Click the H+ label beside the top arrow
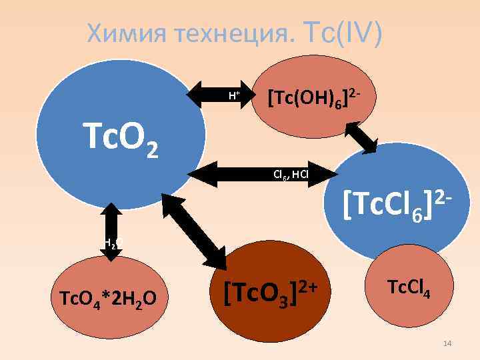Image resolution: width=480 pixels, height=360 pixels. click(234, 95)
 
